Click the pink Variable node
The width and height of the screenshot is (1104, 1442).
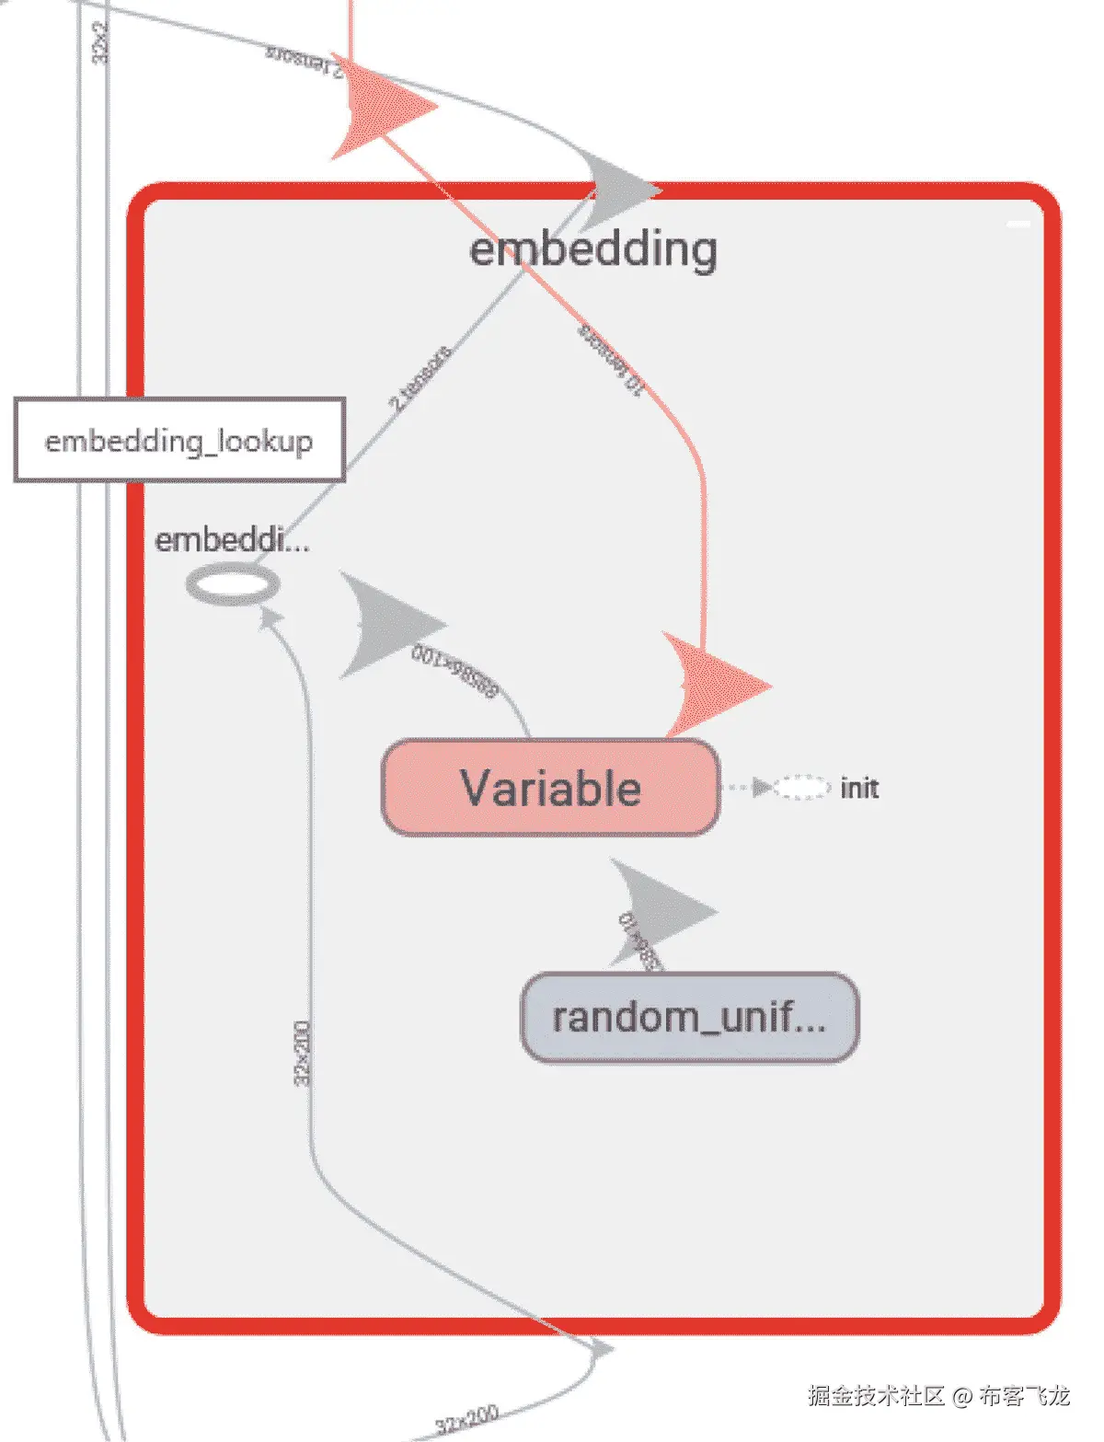pyautogui.click(x=550, y=788)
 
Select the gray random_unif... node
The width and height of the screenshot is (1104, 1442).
pyautogui.click(x=689, y=1017)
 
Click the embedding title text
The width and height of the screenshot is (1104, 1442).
pyautogui.click(x=593, y=249)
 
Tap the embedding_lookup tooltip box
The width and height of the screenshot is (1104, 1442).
pyautogui.click(x=179, y=440)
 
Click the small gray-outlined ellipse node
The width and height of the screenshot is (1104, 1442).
pyautogui.click(x=232, y=584)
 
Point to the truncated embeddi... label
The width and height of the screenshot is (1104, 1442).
pyautogui.click(x=232, y=539)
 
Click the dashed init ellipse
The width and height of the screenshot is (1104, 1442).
pyautogui.click(x=800, y=788)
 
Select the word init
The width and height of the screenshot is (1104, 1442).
pyautogui.click(x=859, y=789)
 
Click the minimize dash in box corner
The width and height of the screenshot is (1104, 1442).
pyautogui.click(x=1018, y=224)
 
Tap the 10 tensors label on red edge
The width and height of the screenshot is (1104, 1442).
pyautogui.click(x=609, y=360)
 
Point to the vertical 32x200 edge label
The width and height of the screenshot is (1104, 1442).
pyautogui.click(x=302, y=1053)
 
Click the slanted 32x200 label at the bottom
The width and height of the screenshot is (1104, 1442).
pyautogui.click(x=467, y=1420)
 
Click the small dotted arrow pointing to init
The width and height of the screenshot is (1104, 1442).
pyautogui.click(x=761, y=788)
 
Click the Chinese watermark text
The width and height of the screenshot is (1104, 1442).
pyautogui.click(x=938, y=1396)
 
